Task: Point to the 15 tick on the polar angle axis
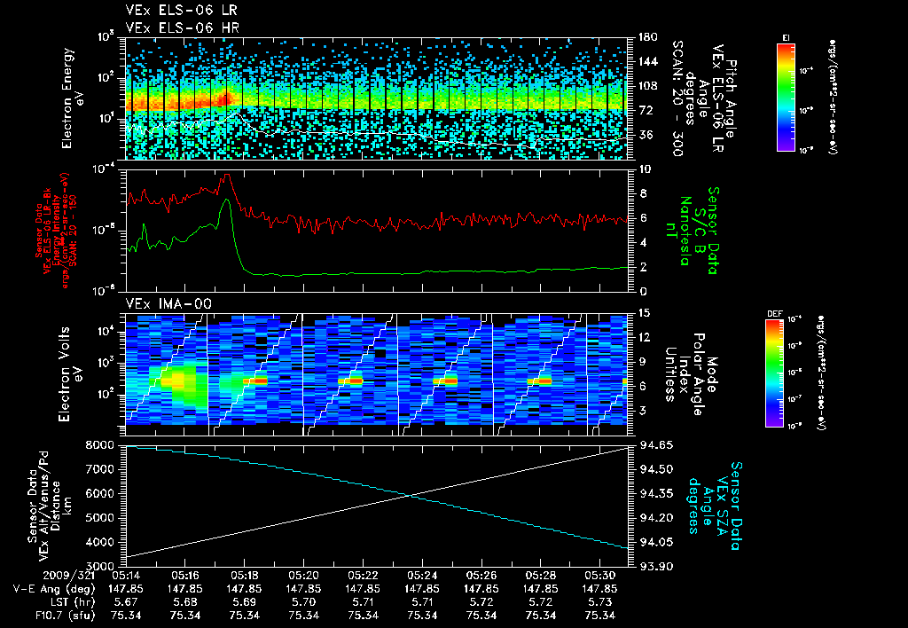(x=645, y=312)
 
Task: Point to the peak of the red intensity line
(x=226, y=175)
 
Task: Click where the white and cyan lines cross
(x=410, y=495)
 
